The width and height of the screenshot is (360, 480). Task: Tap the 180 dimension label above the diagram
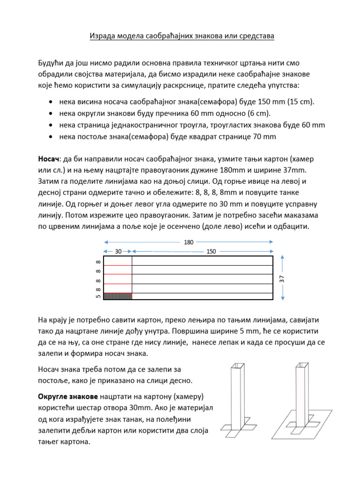click(188, 242)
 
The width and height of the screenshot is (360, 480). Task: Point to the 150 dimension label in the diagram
click(211, 252)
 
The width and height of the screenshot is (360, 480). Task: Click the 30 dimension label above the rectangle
click(118, 252)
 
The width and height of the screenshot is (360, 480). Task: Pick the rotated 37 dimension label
click(282, 278)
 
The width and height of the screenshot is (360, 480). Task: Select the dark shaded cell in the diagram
click(118, 296)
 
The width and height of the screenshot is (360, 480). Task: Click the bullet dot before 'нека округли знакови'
click(50, 113)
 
